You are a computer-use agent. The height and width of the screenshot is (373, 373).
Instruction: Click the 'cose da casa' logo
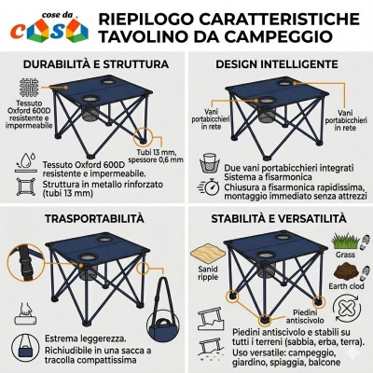tap(49, 27)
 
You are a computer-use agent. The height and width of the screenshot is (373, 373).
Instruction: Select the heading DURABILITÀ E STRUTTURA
tap(96, 64)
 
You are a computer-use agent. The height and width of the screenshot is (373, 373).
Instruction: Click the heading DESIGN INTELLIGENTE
tap(277, 64)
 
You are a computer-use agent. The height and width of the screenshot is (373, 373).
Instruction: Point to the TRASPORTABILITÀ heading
tap(94, 218)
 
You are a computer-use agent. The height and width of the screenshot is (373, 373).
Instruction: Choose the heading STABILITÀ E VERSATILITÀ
tap(279, 218)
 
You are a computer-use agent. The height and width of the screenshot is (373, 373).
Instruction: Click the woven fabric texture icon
tap(29, 88)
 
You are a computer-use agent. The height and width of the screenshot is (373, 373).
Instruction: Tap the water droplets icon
tap(25, 162)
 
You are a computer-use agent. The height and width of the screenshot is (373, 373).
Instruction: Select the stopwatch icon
tap(209, 186)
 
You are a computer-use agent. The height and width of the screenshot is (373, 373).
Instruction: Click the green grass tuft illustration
tap(345, 242)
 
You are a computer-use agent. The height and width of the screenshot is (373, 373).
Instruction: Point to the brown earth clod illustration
tap(346, 271)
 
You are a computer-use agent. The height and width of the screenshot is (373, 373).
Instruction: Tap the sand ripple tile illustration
tap(208, 253)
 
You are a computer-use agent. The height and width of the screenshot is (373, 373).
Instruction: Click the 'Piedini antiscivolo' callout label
tap(305, 316)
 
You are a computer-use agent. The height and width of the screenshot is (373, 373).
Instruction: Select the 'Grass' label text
tap(345, 255)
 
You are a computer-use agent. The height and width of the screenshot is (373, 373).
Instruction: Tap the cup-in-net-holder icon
tap(210, 162)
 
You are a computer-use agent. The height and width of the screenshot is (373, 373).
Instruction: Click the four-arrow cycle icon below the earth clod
tap(347, 309)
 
